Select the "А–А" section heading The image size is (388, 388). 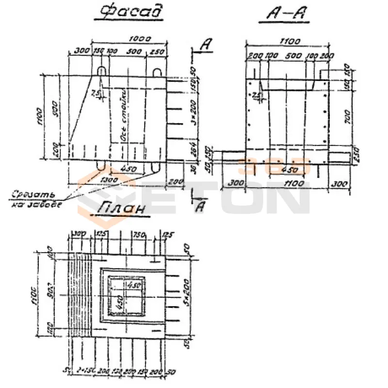[286, 14]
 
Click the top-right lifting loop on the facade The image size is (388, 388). [157, 72]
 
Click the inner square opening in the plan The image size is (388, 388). [126, 295]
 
